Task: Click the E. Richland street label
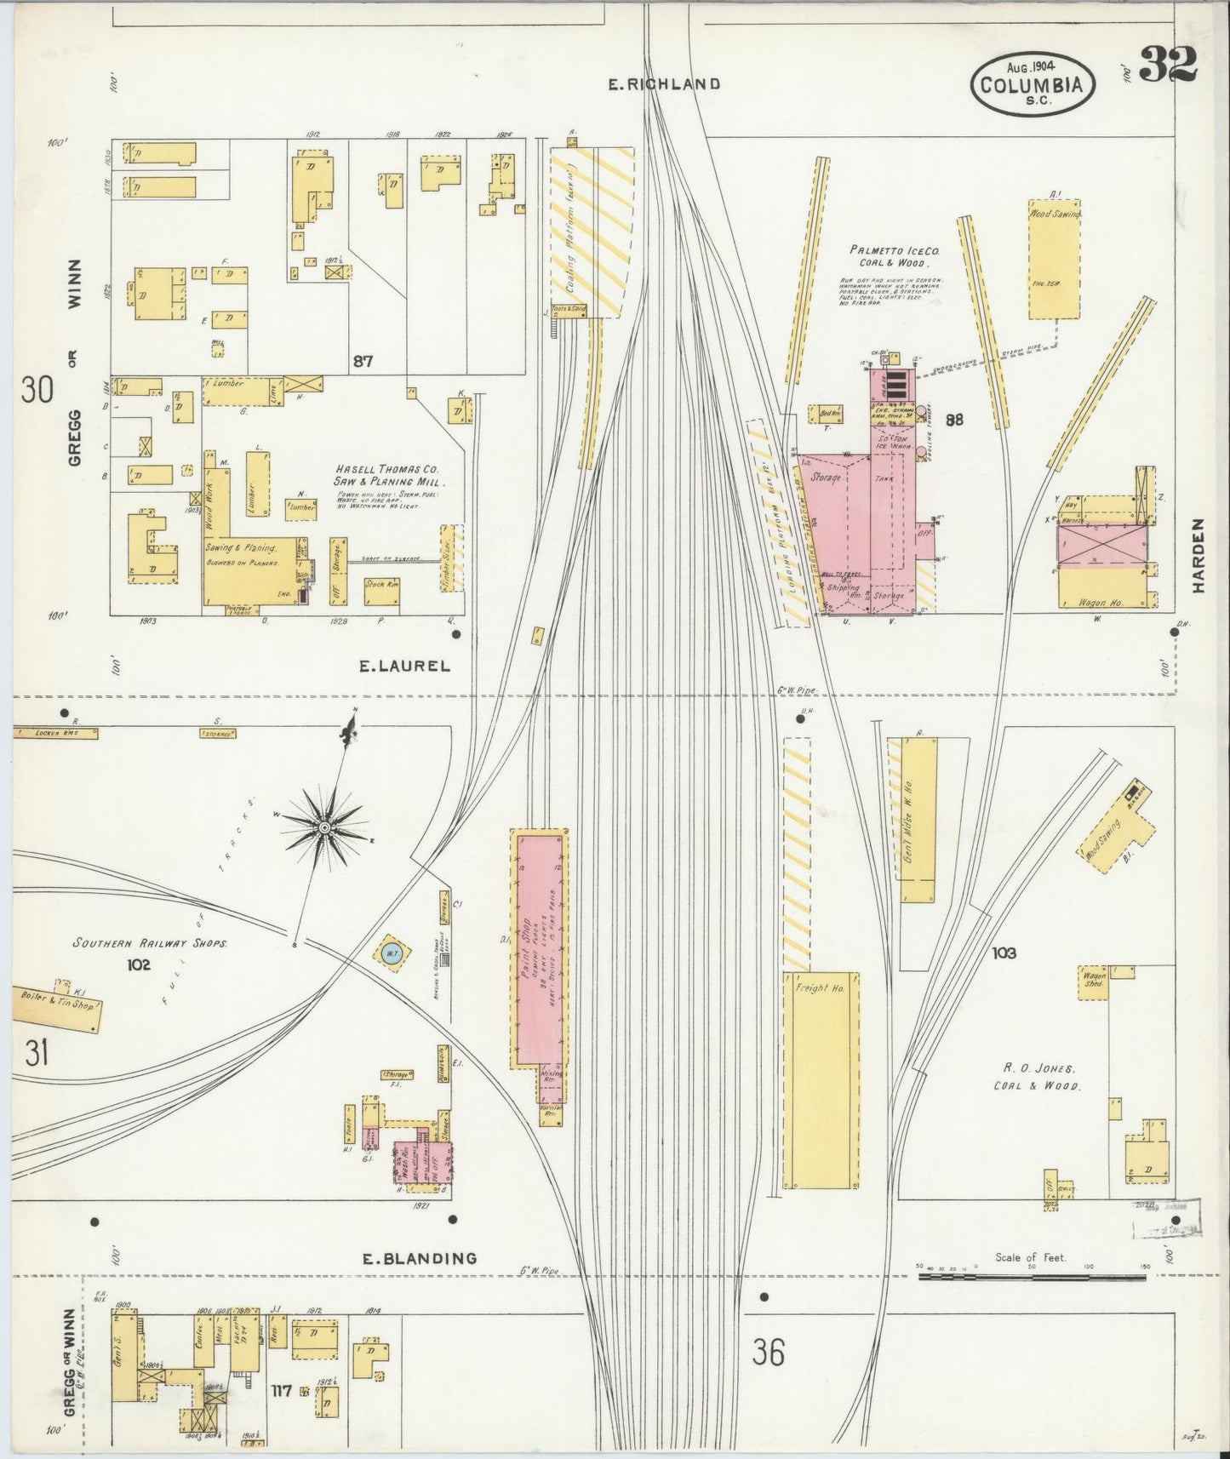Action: click(x=665, y=84)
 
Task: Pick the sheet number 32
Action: click(x=1167, y=64)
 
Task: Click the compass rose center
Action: click(x=324, y=827)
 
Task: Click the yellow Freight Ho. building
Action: click(x=821, y=1079)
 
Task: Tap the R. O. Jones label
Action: click(x=1035, y=1067)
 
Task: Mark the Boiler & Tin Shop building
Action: click(x=57, y=1007)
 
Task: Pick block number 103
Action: click(x=1004, y=953)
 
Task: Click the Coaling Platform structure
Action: click(x=592, y=232)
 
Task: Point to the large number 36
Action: click(x=768, y=1353)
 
